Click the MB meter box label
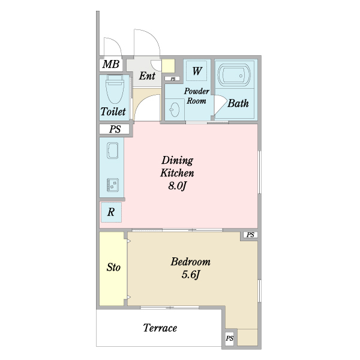(111, 64)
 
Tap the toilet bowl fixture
(115, 89)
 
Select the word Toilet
(113, 112)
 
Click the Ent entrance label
(147, 76)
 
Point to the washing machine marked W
(197, 71)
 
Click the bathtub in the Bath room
(234, 75)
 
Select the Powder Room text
(197, 96)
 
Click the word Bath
(238, 103)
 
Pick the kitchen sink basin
(113, 151)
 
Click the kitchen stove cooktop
(113, 185)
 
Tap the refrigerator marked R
(112, 212)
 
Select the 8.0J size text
(177, 186)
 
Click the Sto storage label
(113, 267)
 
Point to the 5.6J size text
(191, 275)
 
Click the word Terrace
(160, 328)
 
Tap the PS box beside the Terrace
(230, 338)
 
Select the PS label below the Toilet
(115, 129)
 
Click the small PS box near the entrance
(173, 79)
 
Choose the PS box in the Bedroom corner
(250, 235)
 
